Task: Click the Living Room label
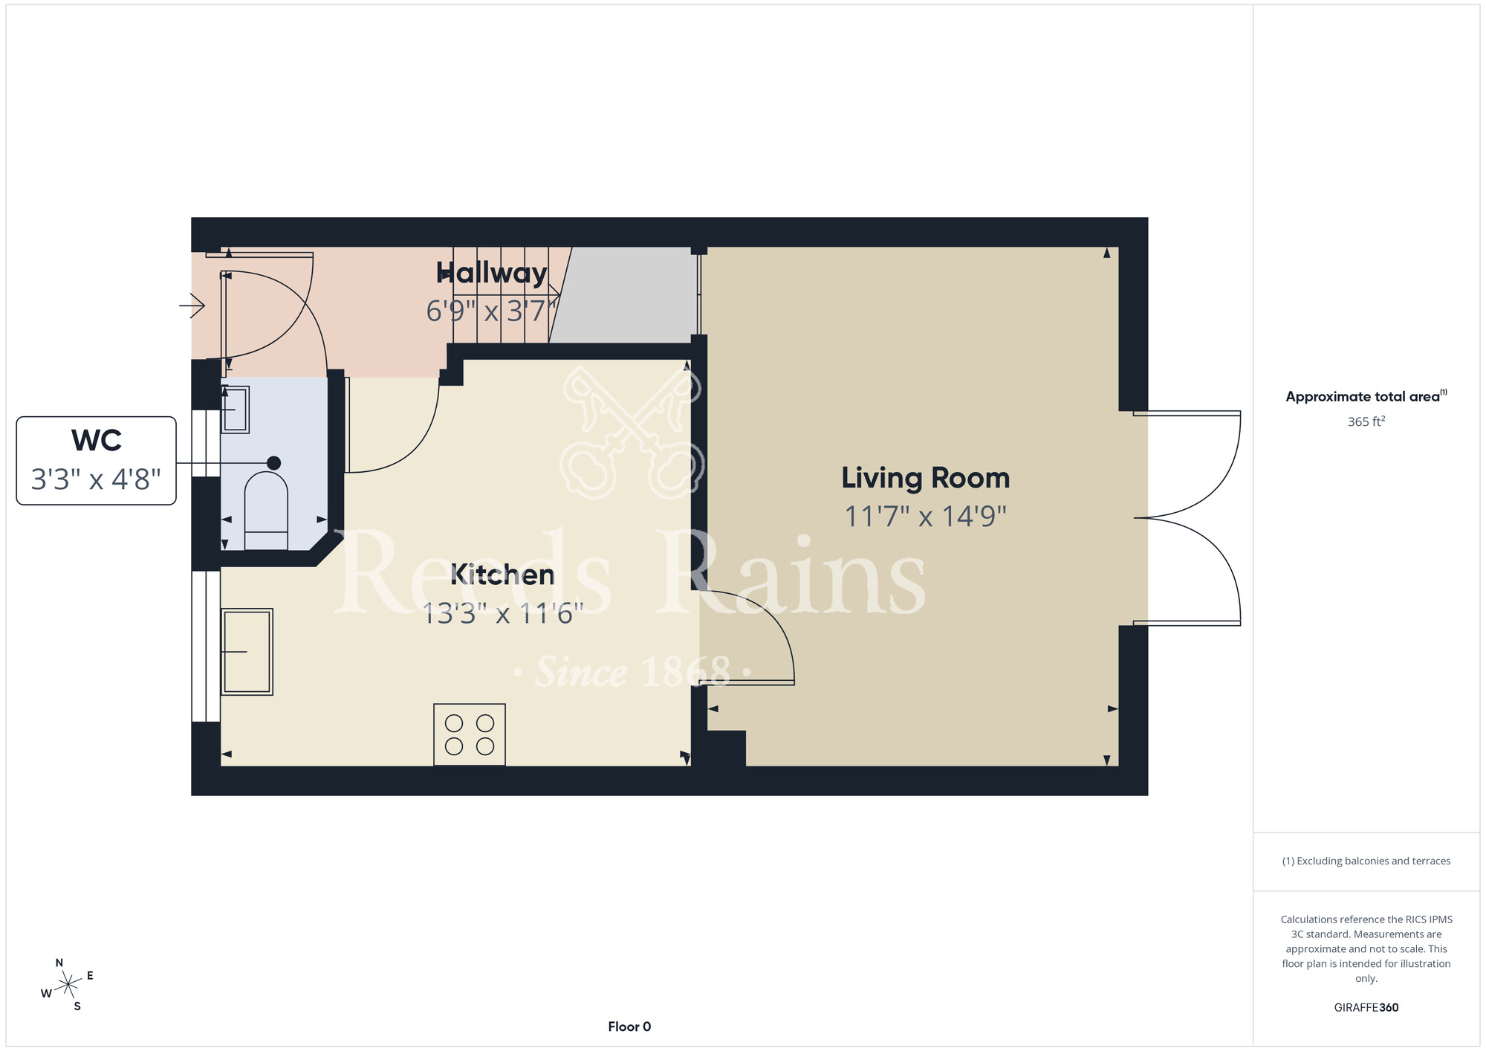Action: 925,478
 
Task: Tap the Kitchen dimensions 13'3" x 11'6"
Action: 503,614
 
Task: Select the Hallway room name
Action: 491,273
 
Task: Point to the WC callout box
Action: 97,461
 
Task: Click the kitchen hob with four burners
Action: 470,734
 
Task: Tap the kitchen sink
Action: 247,652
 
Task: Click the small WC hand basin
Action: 236,410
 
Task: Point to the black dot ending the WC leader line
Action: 273,463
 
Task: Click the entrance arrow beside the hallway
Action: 192,305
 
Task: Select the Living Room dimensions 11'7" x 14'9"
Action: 925,516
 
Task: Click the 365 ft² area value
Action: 1366,421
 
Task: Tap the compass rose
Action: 68,985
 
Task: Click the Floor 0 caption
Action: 629,1026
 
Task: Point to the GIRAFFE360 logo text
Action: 1366,1008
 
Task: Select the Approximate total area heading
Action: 1366,396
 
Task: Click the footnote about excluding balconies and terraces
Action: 1366,861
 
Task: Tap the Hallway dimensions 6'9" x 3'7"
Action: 491,311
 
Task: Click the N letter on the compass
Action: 59,963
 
